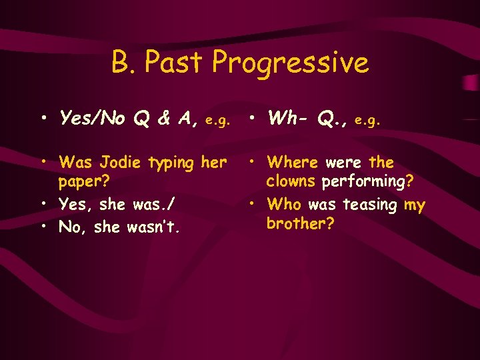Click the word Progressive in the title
pos(290,63)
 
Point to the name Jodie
pos(122,162)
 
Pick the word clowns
pos(291,182)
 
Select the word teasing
pos(370,205)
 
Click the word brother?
pos(300,223)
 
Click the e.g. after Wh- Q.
pos(368,121)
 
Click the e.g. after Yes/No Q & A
pos(218,121)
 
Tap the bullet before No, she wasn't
pos(43,227)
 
